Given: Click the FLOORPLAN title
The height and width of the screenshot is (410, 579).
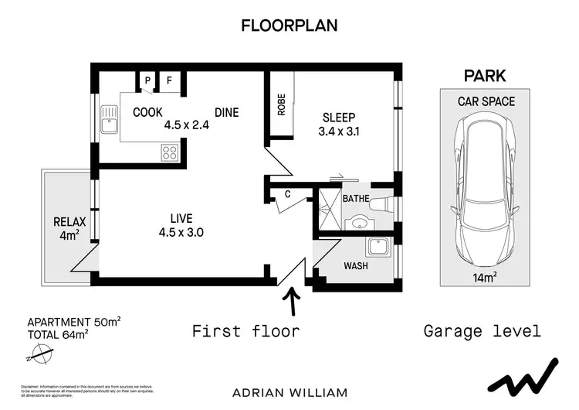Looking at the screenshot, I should [289, 25].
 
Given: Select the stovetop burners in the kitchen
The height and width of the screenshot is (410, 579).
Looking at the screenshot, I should [170, 152].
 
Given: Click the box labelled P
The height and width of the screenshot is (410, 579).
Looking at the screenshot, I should [147, 80].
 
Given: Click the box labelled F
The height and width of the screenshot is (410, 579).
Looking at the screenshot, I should [169, 80].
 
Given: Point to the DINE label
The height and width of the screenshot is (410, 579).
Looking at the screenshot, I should [226, 112].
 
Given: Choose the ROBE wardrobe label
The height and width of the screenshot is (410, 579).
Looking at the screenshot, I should [282, 104].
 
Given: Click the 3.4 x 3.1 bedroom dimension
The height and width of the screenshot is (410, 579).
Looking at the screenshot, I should [338, 131].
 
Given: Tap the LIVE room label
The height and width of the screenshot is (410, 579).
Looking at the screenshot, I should [181, 217].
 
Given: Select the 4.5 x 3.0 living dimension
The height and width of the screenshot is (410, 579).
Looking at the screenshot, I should [182, 231].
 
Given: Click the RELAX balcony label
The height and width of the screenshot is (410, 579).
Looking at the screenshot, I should [69, 222].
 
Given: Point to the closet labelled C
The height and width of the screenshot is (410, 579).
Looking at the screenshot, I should [287, 194].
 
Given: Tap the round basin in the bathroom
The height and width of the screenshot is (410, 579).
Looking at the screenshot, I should [358, 224].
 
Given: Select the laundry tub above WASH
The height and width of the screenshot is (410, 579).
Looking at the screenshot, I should [378, 248].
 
